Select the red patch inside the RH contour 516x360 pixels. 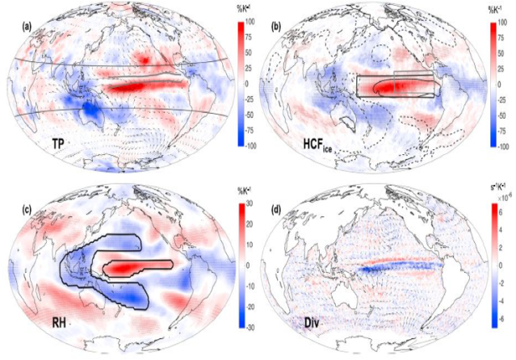pos(129,266)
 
